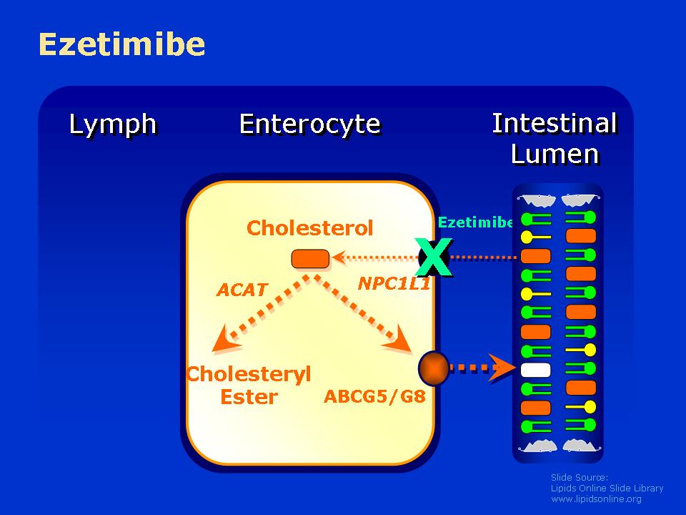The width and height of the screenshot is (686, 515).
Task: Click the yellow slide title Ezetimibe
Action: [121, 44]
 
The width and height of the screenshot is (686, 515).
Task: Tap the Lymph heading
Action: [112, 124]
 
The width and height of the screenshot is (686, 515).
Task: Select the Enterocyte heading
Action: [309, 124]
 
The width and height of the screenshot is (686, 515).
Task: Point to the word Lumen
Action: [555, 154]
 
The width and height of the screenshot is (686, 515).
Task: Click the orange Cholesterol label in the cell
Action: [309, 227]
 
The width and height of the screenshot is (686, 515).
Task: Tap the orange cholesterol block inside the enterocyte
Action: [310, 259]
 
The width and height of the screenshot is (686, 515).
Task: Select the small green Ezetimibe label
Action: [476, 222]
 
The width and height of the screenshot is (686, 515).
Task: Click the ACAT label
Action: [242, 290]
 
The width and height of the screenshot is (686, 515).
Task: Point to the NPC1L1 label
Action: [394, 283]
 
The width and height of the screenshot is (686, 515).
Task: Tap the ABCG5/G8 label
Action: [374, 396]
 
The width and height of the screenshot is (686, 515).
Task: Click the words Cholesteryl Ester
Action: [249, 386]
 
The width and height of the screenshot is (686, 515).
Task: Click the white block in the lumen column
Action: [535, 370]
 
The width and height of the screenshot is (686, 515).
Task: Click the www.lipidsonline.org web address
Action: [596, 499]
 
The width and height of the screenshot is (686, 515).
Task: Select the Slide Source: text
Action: [580, 477]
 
